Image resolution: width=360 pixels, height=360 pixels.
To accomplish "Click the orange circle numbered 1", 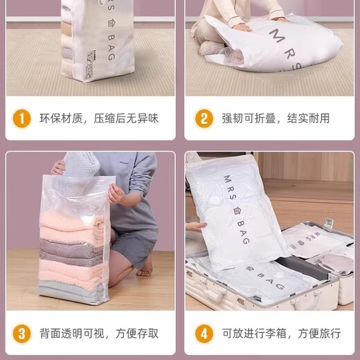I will coord(24,118).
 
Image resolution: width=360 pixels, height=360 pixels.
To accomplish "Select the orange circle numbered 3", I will coord(24,334).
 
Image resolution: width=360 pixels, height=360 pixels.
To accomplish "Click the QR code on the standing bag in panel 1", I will coord(89,66).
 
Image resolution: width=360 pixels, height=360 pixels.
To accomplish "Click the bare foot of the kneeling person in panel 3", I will coord(145,266).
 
